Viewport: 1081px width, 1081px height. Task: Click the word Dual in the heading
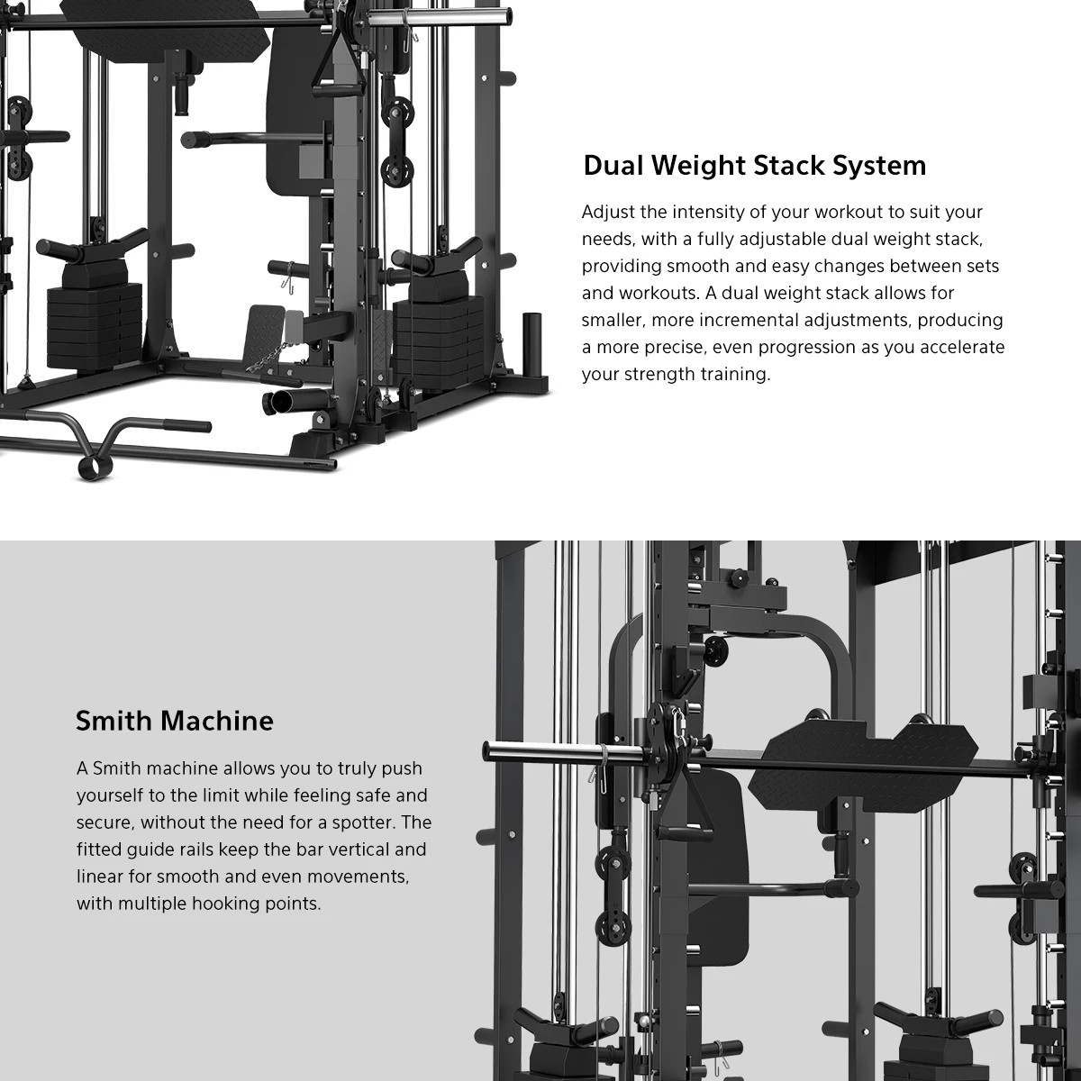613,166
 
